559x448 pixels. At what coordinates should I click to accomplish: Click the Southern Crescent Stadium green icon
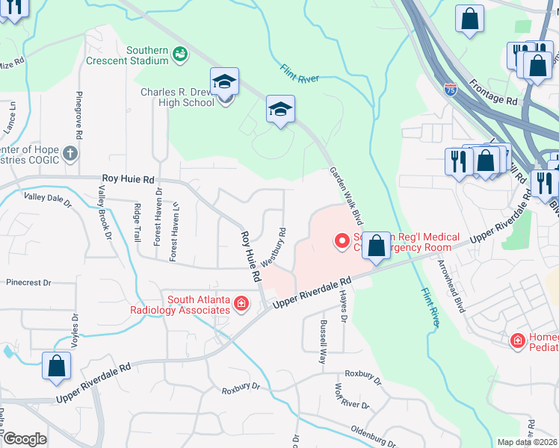click(x=179, y=54)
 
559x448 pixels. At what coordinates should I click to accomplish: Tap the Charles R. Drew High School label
click(x=177, y=98)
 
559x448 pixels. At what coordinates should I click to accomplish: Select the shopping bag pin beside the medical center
click(x=377, y=246)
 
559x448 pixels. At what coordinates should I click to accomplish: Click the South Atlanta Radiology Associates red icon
click(x=241, y=302)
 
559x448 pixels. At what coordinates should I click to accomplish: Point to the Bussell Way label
click(x=323, y=341)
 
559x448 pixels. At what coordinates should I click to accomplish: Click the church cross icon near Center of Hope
click(x=70, y=154)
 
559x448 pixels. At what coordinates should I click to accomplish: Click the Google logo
click(x=25, y=439)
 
